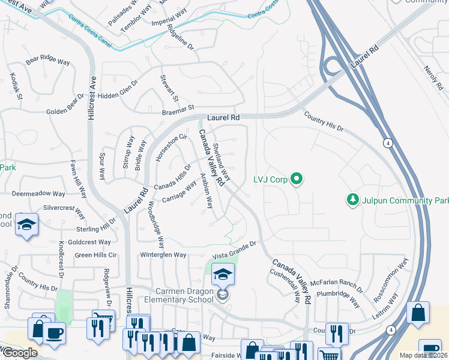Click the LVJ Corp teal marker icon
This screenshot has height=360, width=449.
pos(295,179)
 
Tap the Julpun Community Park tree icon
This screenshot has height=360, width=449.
pos(354,199)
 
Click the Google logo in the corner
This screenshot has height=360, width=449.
pos(19,353)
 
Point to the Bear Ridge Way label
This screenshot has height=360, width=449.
pos(47,59)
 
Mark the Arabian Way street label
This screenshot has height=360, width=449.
pos(206,191)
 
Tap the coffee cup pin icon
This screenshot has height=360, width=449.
pos(54,333)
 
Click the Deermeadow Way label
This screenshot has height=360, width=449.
pos(38,194)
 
